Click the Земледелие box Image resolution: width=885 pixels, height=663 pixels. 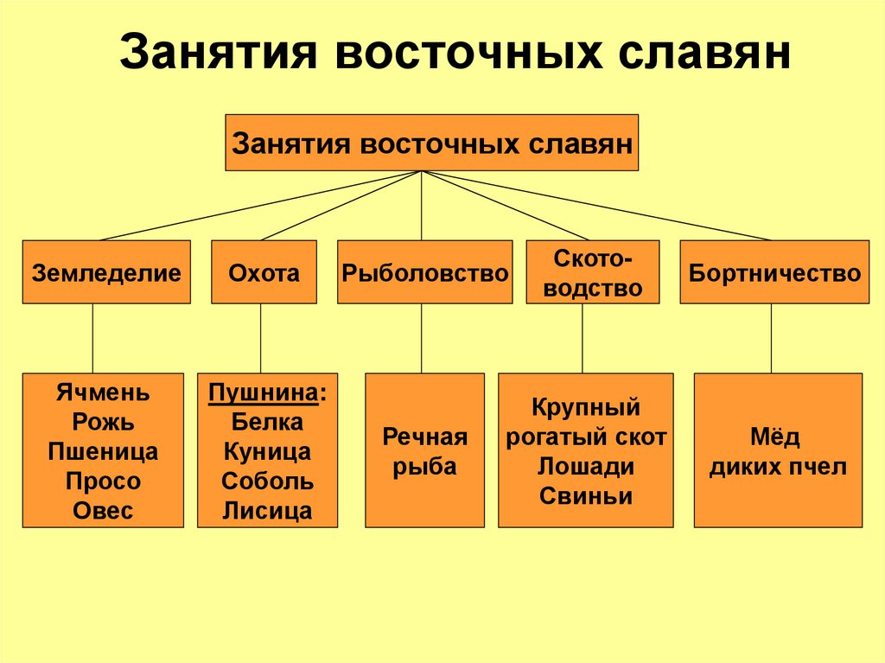[x=106, y=272]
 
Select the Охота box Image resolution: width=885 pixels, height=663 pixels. [x=264, y=272]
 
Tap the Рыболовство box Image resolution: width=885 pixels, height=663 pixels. [x=423, y=272]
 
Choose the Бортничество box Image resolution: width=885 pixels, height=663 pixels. [x=774, y=272]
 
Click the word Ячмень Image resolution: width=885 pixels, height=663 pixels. [x=103, y=393]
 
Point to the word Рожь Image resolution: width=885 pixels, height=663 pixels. [x=103, y=423]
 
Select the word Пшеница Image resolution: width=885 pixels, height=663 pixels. [x=103, y=452]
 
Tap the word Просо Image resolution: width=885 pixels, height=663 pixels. [x=103, y=481]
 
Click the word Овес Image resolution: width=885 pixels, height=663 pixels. [x=103, y=511]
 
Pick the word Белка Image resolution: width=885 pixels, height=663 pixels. [x=267, y=423]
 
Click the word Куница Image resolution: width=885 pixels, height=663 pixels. [x=267, y=452]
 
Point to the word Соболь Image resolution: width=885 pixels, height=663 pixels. [x=267, y=481]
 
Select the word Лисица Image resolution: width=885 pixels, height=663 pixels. [x=267, y=511]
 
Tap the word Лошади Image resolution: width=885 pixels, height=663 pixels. [x=586, y=467]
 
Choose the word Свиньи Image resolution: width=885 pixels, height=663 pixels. [x=586, y=496]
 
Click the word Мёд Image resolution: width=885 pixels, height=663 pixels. [x=778, y=437]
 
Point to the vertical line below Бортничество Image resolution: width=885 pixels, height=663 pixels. [x=771, y=338]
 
